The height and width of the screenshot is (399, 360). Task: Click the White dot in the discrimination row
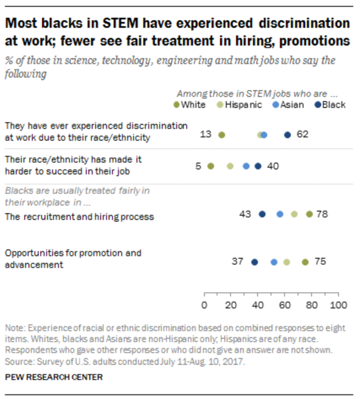coord(222,135)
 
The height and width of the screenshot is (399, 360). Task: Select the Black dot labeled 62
coord(288,135)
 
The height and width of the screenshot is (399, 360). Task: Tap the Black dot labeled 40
coord(258,166)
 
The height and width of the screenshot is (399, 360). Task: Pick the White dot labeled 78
coord(309,214)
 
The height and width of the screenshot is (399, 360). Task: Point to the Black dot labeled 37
coord(254,262)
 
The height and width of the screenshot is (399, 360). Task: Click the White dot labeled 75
coord(305,262)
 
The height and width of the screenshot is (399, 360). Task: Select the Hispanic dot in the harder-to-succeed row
coord(230,166)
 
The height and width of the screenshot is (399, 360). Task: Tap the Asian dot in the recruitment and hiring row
coord(280,214)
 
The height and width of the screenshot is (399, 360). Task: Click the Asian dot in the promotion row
coord(274,262)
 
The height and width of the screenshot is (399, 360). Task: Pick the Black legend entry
coord(330,105)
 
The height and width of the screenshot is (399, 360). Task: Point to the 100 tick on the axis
coord(338,293)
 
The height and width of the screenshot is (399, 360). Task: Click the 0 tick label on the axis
coord(204,305)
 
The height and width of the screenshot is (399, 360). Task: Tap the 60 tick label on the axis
coord(285,305)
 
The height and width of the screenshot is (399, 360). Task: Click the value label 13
coord(206,135)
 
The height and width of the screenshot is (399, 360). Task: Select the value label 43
coord(245,214)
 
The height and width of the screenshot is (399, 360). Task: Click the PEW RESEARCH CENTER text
coord(54,377)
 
